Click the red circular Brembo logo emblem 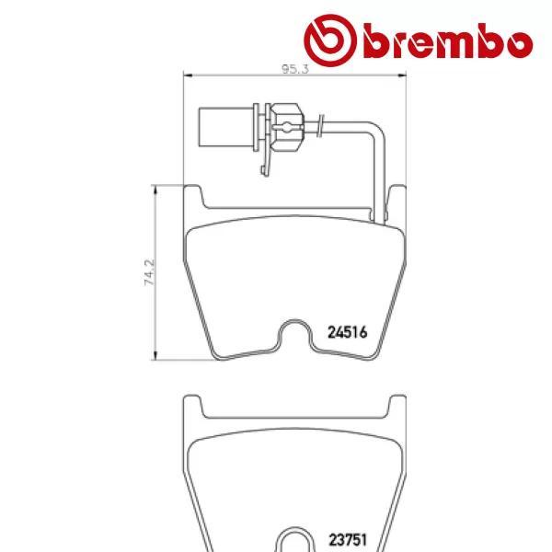[332, 40]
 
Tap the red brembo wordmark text [448, 41]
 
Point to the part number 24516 [348, 334]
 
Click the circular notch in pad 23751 [295, 539]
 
